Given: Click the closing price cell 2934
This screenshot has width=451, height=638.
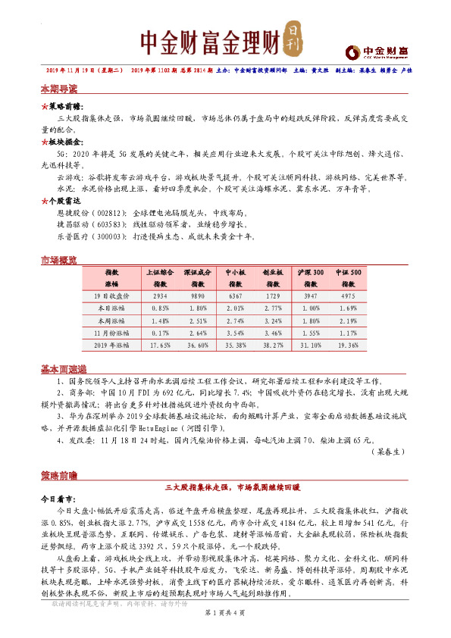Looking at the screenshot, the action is point(160,296).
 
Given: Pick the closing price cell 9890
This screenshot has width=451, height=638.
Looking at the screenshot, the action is point(198,296).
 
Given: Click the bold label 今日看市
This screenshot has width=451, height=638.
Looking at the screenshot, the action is point(58,501).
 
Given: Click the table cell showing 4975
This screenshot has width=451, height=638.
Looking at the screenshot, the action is point(348,296).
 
